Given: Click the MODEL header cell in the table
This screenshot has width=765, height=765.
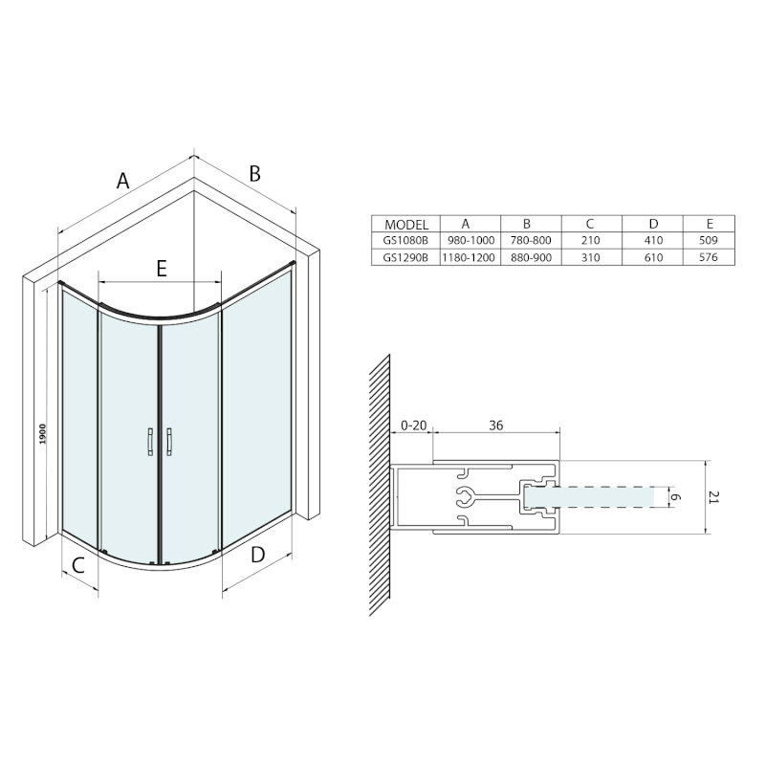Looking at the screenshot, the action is coord(405,225).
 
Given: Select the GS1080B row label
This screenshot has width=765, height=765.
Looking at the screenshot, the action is coord(405,241).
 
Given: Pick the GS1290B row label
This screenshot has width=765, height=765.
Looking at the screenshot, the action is coord(405,257).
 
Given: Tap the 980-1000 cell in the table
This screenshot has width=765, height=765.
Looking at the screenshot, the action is coord(470,241).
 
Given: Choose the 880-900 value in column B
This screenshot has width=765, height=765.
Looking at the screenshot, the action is coord(532,257).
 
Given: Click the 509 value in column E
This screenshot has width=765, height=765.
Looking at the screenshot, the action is coord(709,240).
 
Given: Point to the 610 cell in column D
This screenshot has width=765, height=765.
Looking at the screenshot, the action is coord(653,257).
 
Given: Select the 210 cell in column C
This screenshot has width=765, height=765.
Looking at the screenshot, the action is coord(591,241).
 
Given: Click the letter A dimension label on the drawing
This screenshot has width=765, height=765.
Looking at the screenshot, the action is coord(123,181).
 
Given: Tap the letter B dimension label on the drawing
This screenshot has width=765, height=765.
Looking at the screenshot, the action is coord(254,174).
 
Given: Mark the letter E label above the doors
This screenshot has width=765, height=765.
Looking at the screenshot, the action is coord(162,269).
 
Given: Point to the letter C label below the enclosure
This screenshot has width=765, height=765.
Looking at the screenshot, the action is coord(78,565).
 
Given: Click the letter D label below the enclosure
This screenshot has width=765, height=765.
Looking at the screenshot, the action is coord(257,555).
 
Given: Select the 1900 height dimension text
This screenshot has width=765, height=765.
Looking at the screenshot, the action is coord(43,434).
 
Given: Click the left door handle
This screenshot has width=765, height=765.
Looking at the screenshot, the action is coord(150,442).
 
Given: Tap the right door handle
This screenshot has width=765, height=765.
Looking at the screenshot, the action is coord(169,442).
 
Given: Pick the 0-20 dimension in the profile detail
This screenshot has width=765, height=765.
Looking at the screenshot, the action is coord(414,426).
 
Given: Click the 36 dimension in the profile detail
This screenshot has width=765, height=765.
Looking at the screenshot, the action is coord(495,426).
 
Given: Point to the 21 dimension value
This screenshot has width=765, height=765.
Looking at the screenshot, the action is coord(713,497).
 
